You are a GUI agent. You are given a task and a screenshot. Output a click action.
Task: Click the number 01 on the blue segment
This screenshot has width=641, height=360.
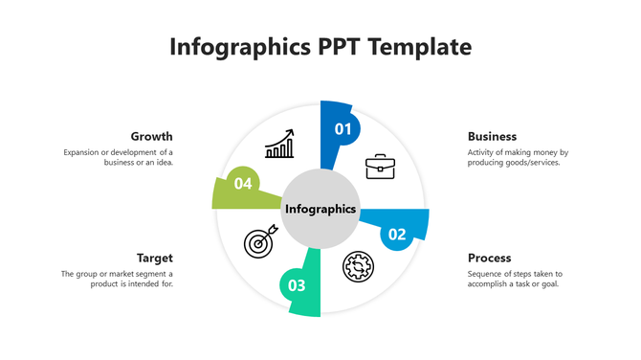343,128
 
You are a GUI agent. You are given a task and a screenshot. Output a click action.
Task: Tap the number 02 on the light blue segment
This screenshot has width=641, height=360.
396,234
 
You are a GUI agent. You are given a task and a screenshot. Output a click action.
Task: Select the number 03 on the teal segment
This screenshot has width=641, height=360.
297,285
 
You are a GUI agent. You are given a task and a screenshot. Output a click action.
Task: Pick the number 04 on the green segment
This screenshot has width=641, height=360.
242,182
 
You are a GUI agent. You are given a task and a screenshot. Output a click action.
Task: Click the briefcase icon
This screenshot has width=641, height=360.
380,167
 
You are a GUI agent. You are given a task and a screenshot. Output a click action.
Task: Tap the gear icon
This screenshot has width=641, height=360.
359,265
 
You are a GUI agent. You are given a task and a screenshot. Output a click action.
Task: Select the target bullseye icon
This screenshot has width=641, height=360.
259,242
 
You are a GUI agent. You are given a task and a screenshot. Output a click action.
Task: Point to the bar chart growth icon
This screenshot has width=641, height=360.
279,145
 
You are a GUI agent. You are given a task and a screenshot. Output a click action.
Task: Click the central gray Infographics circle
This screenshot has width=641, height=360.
320,208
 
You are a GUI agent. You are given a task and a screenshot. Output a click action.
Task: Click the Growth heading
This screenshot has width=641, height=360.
152,136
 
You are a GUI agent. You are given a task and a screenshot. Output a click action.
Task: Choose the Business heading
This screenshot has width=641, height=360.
492,136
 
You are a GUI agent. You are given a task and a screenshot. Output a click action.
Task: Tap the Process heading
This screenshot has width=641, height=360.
489,258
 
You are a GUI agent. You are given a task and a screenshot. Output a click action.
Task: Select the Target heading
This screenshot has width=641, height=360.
154,258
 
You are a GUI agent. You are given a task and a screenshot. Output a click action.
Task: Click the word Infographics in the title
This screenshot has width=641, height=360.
240,47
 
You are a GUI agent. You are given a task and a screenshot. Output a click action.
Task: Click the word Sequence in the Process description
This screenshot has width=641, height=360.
486,274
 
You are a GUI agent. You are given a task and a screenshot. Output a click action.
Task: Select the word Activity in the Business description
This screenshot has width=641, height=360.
483,152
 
